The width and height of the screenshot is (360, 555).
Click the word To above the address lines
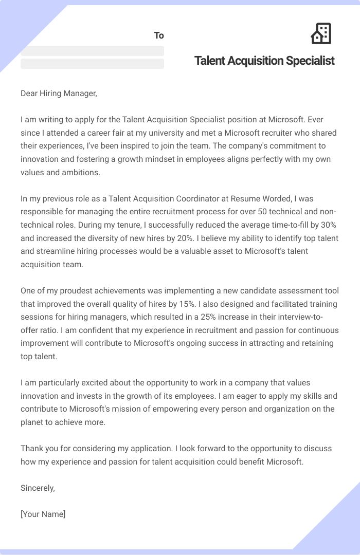(x=159, y=35)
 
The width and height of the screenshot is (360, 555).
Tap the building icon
(x=321, y=33)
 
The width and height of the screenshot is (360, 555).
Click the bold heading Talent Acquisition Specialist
(x=264, y=61)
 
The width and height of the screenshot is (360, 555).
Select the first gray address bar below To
(x=92, y=51)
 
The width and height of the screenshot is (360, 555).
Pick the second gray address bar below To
(x=92, y=64)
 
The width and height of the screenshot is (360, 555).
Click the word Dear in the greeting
(x=30, y=93)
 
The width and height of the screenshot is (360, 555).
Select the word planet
(x=33, y=422)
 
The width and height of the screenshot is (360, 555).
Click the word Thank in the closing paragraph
(x=32, y=449)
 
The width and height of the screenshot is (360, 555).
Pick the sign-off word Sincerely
(x=38, y=488)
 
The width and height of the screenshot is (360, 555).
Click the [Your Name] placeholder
(x=43, y=514)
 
